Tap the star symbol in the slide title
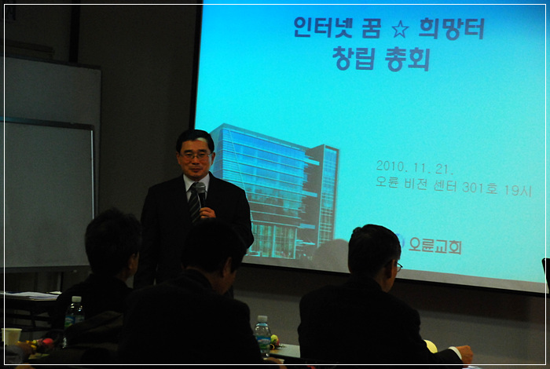(400, 29)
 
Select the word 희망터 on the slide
(452, 29)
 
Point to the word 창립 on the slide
(354, 59)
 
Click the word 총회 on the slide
(407, 59)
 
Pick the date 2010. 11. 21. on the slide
(414, 167)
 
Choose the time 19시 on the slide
(518, 190)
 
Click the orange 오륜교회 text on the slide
(435, 245)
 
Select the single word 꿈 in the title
(371, 29)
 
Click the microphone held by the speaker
(201, 194)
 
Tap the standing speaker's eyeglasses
(196, 155)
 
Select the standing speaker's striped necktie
(194, 203)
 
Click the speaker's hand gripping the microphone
(207, 212)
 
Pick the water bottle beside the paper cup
(75, 312)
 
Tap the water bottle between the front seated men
(262, 334)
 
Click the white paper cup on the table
(12, 336)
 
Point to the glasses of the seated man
(398, 266)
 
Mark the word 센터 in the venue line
(445, 186)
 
